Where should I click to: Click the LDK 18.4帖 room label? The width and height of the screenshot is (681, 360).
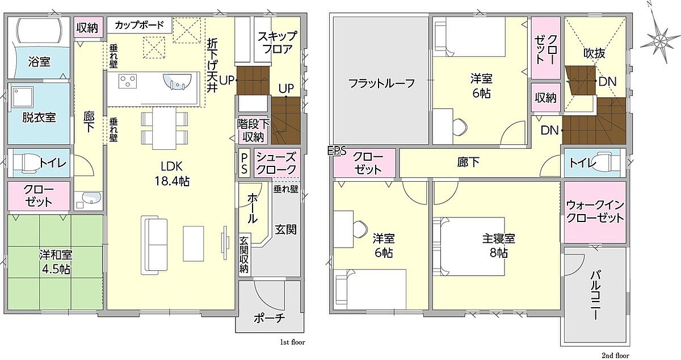point(172,174)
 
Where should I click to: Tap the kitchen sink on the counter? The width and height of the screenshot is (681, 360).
point(178,82)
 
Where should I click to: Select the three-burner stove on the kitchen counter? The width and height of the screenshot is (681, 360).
point(128,81)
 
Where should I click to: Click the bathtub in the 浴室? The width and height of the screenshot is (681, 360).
point(39,31)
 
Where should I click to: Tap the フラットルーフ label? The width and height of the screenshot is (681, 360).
point(382,83)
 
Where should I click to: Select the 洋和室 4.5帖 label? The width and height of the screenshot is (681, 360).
point(56,262)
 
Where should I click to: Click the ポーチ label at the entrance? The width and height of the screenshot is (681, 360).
point(270,319)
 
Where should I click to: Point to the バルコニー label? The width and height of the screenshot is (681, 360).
point(595,295)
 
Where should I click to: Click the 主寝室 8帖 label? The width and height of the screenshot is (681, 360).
point(499,245)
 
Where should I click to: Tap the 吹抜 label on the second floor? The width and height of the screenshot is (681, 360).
point(594,53)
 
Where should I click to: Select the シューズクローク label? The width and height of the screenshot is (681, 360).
point(276,164)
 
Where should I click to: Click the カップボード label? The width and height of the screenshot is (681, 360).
point(139,25)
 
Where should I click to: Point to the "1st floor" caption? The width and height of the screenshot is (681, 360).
point(292,342)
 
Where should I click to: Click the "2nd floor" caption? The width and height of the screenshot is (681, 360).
point(616,355)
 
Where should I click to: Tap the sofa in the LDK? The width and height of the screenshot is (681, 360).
point(154,245)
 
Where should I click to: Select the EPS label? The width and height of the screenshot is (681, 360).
point(337,151)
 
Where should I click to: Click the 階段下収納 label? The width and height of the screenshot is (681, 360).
point(253,131)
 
